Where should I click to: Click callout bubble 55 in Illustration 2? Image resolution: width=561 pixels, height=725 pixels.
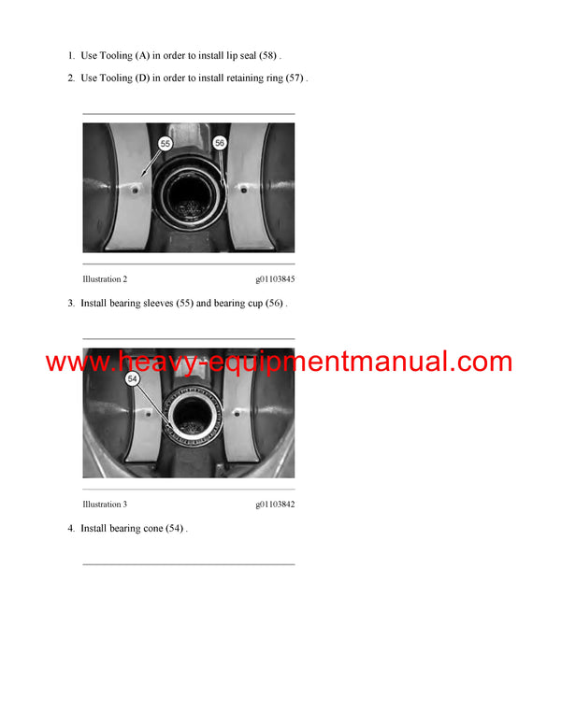pyautogui.click(x=165, y=144)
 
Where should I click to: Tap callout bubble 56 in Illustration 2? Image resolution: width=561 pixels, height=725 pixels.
pyautogui.click(x=220, y=143)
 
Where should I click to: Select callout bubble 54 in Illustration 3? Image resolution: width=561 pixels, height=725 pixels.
pyautogui.click(x=132, y=377)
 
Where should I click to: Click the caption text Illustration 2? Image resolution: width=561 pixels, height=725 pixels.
pyautogui.click(x=105, y=279)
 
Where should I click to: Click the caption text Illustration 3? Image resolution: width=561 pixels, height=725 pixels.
pyautogui.click(x=105, y=505)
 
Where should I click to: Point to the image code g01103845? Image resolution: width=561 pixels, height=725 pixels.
pyautogui.click(x=275, y=279)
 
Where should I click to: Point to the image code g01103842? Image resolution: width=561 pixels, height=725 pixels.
pyautogui.click(x=275, y=505)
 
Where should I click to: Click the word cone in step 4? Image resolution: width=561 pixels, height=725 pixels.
pyautogui.click(x=152, y=529)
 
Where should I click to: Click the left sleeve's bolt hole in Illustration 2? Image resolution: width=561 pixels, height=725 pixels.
pyautogui.click(x=136, y=190)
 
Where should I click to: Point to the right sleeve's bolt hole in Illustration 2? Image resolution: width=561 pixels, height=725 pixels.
pyautogui.click(x=245, y=190)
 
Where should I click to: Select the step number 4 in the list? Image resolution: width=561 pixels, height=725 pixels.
pyautogui.click(x=70, y=529)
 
